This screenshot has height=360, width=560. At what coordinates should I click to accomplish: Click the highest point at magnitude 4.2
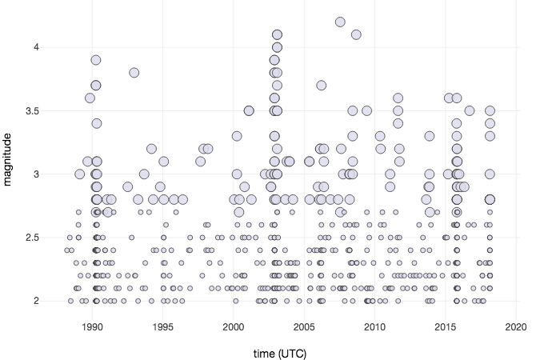pos(340,22)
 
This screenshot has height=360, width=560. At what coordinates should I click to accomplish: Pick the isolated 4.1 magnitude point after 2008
pos(356,34)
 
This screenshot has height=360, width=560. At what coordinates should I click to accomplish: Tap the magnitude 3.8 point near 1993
pos(134,73)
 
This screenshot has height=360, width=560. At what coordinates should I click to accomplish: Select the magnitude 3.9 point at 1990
pos(96,60)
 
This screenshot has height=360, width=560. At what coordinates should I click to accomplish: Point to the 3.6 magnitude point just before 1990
pos(90,98)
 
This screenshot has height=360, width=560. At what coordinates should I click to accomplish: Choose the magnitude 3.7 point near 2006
pos(322,85)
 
